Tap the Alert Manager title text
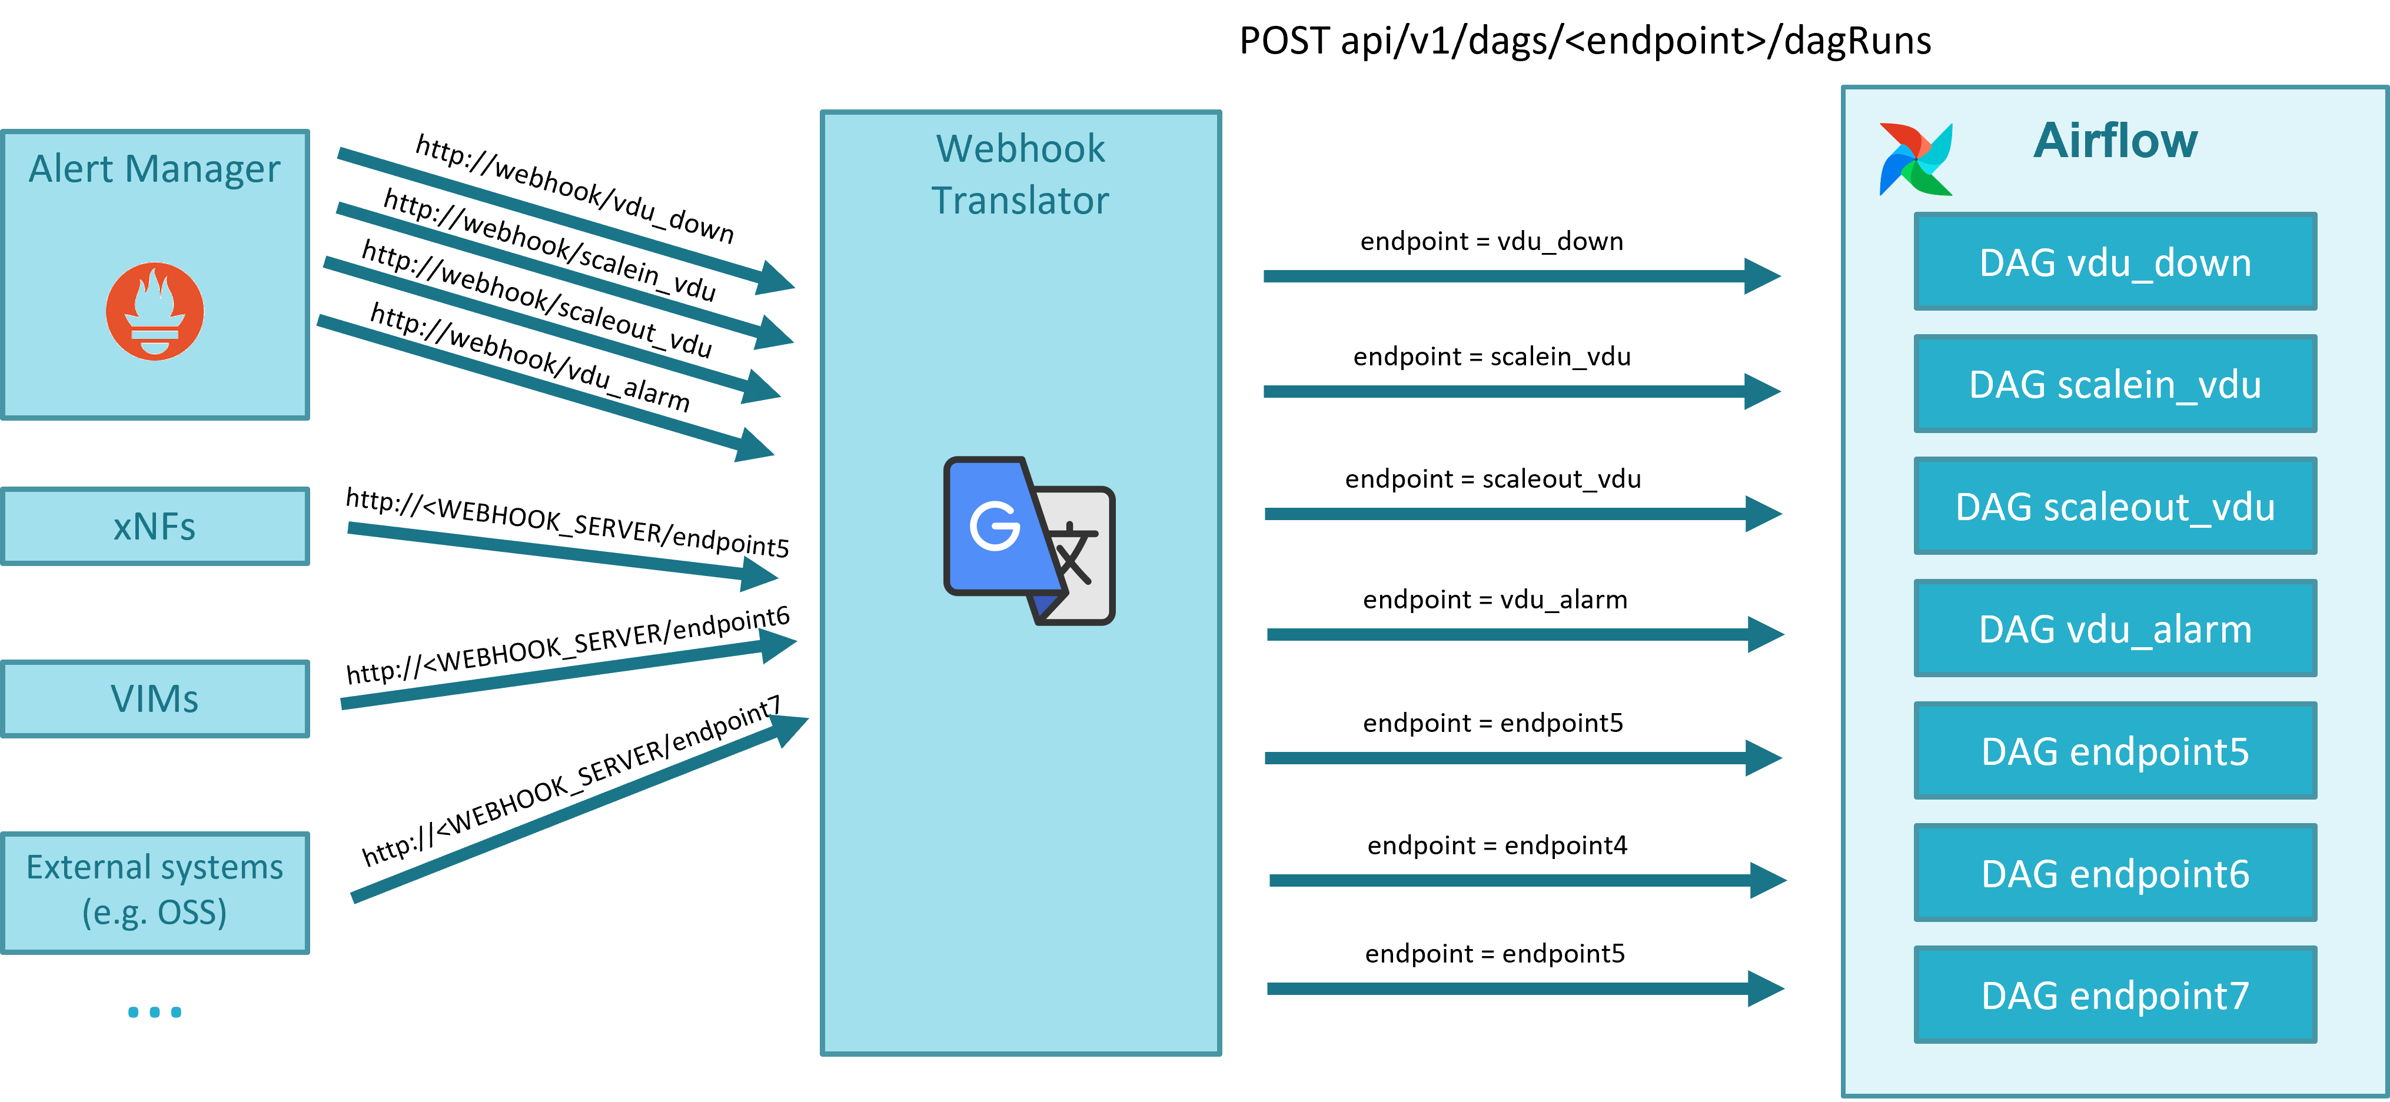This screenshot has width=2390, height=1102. (154, 169)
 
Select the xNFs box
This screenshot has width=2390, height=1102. (155, 526)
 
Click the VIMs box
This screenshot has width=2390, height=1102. (155, 698)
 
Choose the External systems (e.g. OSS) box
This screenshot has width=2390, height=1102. (155, 891)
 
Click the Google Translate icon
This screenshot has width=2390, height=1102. (1028, 541)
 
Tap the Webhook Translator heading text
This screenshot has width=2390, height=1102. (1020, 174)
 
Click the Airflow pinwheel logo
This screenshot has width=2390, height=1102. (1916, 159)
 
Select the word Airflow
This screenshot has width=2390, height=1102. (2115, 141)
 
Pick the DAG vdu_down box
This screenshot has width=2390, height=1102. (2115, 262)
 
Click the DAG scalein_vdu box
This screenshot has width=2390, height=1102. (2115, 384)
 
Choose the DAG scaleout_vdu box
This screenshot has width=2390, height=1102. (2115, 507)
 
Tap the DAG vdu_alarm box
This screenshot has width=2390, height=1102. (2115, 629)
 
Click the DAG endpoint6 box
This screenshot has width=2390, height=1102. (2115, 873)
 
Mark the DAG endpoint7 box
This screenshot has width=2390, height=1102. (2115, 996)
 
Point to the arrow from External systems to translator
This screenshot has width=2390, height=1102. (575, 808)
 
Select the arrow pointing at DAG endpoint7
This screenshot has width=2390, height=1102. (1521, 989)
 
